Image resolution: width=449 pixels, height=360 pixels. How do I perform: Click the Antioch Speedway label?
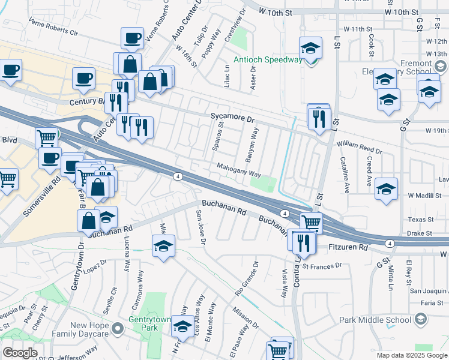click(x=268, y=59)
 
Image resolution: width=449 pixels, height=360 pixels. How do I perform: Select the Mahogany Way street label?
click(x=238, y=171)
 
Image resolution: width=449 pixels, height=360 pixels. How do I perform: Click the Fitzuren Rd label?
click(x=348, y=247)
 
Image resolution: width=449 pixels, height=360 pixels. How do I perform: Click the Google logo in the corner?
click(x=20, y=352)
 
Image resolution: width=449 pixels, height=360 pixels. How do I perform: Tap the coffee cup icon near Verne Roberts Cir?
click(x=132, y=38)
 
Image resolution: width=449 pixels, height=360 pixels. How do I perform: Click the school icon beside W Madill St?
click(x=386, y=188)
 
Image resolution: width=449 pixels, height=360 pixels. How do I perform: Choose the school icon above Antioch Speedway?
click(x=310, y=47)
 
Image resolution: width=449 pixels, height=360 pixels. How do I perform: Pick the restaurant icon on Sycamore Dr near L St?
click(x=320, y=118)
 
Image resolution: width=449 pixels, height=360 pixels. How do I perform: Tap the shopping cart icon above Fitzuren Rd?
click(x=310, y=222)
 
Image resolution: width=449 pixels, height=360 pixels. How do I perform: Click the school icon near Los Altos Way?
click(x=182, y=326)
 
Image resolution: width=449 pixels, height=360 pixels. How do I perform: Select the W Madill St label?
click(x=424, y=196)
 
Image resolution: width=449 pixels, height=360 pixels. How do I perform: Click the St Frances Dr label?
click(x=322, y=265)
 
